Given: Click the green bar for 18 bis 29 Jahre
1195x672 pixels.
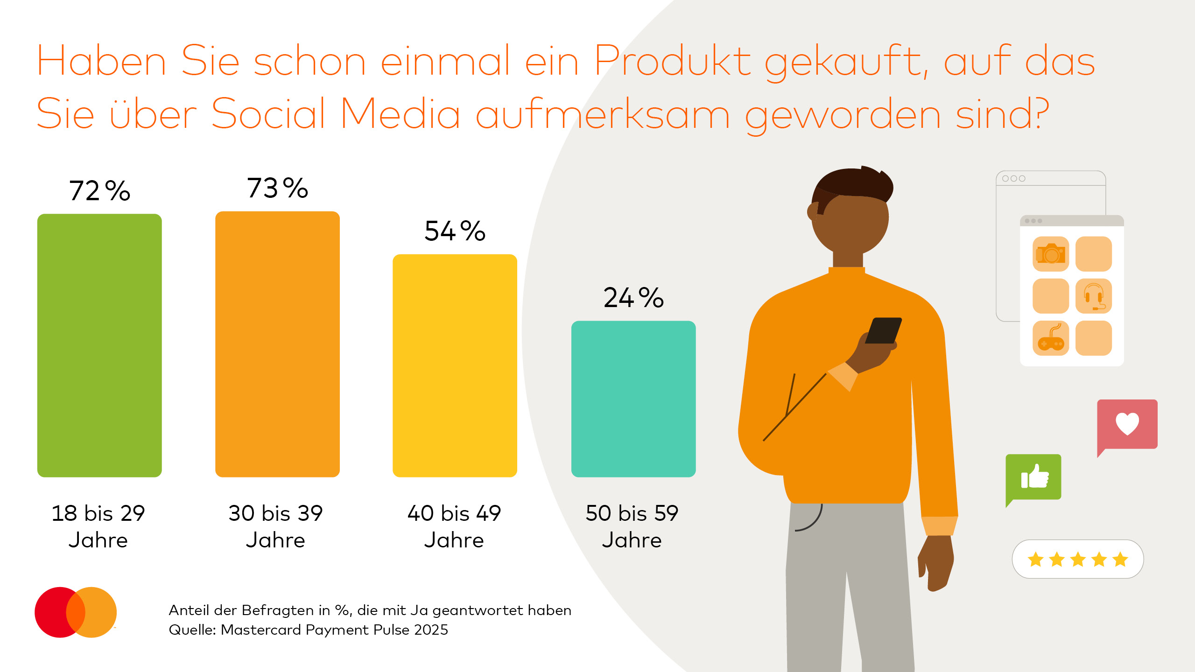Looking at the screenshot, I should tap(99, 345).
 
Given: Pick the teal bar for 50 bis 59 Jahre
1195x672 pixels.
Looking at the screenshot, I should tap(633, 399).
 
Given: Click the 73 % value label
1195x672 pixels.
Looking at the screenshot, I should tap(277, 188).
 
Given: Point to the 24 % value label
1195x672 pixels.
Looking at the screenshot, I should tap(633, 298).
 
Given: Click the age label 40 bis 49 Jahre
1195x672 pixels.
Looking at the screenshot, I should tap(454, 526).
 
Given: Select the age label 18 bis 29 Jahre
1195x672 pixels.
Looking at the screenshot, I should tap(98, 526).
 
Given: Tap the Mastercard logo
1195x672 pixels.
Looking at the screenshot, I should tap(76, 612).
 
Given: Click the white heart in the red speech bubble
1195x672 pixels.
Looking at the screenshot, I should tap(1127, 424).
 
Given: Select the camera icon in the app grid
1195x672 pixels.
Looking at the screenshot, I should tap(1051, 254).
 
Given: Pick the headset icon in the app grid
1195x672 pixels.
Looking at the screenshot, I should tap(1094, 296).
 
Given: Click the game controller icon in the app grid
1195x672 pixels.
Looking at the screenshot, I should tap(1051, 339).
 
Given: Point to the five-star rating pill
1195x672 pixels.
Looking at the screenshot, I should tap(1078, 559).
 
